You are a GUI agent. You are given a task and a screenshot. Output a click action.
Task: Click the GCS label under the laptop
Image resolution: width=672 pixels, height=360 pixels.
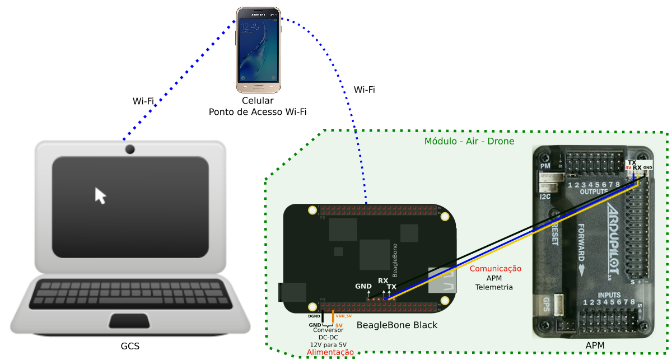(x=130, y=346)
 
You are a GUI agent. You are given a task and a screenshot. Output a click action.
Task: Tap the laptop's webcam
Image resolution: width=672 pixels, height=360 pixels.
(x=130, y=149)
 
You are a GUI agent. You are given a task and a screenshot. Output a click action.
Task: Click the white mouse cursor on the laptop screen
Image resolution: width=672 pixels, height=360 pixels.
(x=100, y=196)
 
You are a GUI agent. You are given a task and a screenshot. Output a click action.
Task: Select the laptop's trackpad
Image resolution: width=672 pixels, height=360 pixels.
(x=129, y=321)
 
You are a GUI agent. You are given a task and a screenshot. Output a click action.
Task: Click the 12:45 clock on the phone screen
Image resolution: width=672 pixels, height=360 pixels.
(x=250, y=26)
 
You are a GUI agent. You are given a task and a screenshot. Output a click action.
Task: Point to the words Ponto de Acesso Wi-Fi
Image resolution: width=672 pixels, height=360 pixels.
(x=258, y=111)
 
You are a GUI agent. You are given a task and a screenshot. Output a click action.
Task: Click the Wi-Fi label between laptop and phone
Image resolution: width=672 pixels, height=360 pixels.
(x=143, y=101)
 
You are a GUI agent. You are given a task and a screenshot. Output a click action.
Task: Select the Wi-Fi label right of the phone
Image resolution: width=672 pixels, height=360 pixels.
(x=365, y=90)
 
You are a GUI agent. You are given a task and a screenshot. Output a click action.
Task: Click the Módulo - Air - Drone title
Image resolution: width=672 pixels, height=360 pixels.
(x=469, y=141)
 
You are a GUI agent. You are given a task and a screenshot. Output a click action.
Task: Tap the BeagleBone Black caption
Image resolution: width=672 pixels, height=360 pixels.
(x=397, y=325)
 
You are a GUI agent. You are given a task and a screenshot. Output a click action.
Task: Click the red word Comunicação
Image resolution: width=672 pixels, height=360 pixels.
(x=495, y=269)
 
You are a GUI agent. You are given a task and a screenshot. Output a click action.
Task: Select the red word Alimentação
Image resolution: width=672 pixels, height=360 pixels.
(x=330, y=353)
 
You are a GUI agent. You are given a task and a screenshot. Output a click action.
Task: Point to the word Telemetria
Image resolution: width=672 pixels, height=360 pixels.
(x=494, y=287)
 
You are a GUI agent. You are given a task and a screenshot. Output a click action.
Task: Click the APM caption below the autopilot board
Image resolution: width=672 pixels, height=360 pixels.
(x=595, y=346)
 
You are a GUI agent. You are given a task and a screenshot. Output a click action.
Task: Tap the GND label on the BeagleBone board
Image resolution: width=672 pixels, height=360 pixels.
(x=363, y=286)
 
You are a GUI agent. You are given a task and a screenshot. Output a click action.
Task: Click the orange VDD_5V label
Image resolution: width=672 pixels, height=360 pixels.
(x=343, y=316)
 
